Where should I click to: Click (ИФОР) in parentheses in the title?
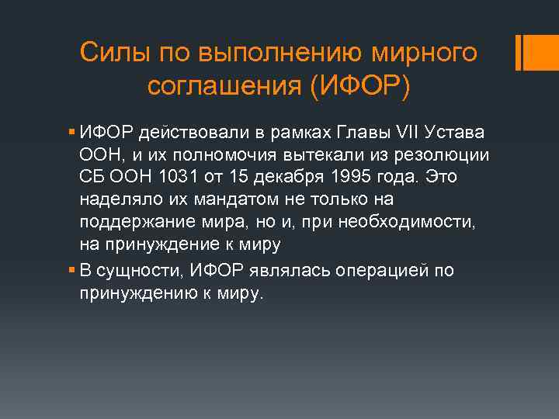tap(357, 86)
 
